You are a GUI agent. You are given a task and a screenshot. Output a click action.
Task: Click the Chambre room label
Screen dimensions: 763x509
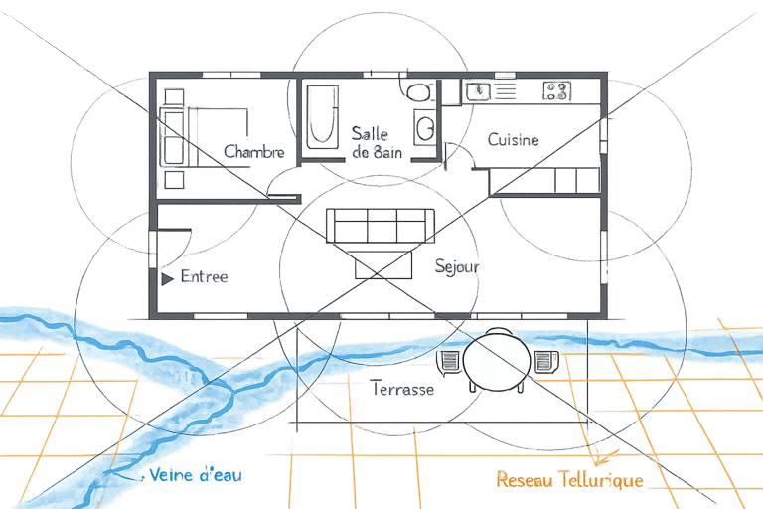coord(254,152)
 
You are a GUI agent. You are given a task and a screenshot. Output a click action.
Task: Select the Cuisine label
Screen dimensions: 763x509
coord(513,140)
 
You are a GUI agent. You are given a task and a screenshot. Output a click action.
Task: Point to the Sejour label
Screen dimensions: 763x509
coord(458,266)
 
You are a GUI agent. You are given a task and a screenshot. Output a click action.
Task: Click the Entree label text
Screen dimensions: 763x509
coord(204,276)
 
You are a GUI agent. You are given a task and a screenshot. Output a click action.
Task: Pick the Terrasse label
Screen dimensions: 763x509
coord(401,390)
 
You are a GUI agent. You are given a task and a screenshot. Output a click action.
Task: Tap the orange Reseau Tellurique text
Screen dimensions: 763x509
coord(569,480)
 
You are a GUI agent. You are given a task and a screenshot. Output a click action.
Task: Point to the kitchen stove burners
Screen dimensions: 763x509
coord(556,91)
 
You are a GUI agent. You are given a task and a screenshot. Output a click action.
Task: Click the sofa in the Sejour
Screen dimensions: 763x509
coord(381,226)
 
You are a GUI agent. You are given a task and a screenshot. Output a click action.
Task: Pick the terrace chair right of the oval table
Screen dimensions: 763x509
coord(543,361)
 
